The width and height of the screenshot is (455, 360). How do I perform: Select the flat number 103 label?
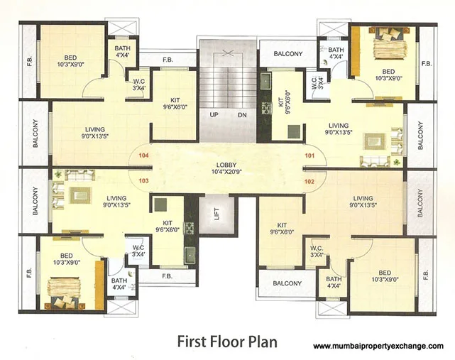[145, 180]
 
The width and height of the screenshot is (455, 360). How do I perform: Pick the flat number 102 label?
[309, 180]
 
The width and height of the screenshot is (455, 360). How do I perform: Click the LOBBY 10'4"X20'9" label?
[227, 168]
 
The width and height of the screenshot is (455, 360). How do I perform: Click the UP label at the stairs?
[214, 114]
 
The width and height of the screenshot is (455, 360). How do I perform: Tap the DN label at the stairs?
[241, 114]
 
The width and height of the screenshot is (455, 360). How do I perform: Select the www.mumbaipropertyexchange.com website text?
[378, 346]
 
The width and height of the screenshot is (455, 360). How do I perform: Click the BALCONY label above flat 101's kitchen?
[287, 54]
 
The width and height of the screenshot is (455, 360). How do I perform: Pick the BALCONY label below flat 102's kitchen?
[287, 283]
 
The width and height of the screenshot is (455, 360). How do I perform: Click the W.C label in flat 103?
[139, 250]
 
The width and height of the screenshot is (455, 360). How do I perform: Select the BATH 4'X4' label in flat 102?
[334, 283]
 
